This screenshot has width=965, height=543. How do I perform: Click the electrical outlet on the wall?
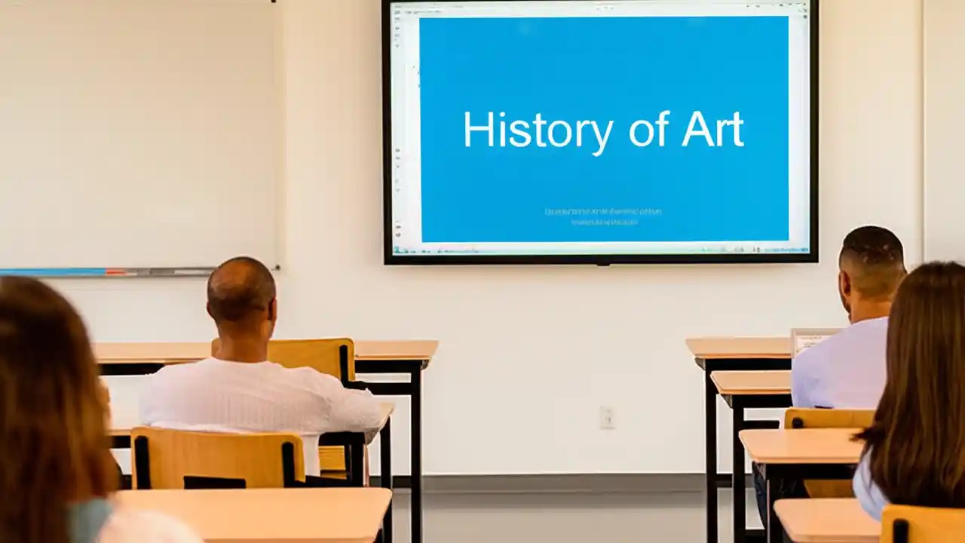point(607,417)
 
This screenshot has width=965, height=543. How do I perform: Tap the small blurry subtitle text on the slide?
point(603,216)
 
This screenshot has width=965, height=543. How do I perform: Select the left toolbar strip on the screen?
point(398,128)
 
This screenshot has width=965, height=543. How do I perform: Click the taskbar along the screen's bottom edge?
point(599,248)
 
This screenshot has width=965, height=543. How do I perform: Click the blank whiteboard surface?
point(136,128)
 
